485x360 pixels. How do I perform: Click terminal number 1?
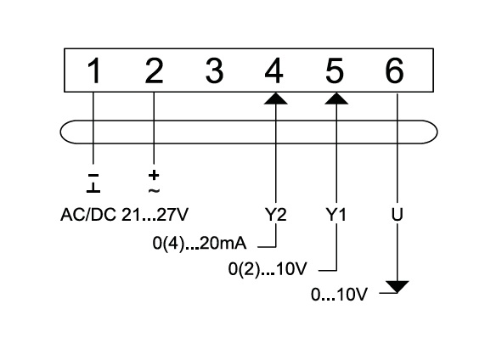point(93,71)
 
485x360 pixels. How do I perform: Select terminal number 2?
point(154,70)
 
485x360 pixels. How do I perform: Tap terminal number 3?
point(214,70)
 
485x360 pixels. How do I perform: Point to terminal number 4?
point(274,70)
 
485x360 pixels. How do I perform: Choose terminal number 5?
point(335,71)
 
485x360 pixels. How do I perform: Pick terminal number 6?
point(394,70)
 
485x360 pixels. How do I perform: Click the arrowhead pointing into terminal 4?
point(275,98)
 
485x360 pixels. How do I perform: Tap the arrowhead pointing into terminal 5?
point(336,98)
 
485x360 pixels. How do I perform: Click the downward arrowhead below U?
point(398,287)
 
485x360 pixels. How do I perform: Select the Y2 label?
point(275,214)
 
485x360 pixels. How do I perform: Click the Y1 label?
point(336,214)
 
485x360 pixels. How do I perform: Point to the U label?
point(398,214)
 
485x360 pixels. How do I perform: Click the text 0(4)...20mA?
point(200,244)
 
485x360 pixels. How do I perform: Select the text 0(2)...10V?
point(268,269)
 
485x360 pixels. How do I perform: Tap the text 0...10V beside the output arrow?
point(339,294)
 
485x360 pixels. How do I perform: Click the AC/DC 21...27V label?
point(124,215)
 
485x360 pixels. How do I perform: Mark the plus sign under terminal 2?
point(154,176)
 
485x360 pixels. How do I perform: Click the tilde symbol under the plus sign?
point(154,190)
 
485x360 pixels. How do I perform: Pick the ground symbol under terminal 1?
point(93,188)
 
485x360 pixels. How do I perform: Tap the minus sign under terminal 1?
point(93,176)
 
